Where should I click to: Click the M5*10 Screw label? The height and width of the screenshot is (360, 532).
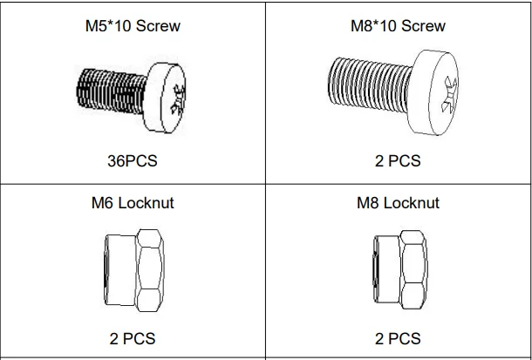pos(133,26)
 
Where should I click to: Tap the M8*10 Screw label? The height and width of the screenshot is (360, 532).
pos(398,26)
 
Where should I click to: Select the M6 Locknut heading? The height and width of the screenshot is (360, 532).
pos(133,203)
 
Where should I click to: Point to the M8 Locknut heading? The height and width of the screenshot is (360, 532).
pos(398,203)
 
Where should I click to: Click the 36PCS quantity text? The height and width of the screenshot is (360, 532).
pos(133,160)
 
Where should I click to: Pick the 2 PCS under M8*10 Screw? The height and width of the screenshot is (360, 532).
pos(398,160)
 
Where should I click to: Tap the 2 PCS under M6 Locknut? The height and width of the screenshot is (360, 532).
pos(133,338)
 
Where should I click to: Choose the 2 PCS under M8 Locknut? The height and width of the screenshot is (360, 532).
pos(398,338)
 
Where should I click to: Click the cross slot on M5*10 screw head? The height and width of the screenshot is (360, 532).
pos(179,99)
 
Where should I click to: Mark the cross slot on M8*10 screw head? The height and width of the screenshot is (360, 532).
pos(449,94)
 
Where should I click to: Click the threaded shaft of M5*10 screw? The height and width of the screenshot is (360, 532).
pos(112,92)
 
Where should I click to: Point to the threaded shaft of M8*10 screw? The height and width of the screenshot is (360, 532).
pos(370,85)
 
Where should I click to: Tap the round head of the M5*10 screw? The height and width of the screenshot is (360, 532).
pos(165,98)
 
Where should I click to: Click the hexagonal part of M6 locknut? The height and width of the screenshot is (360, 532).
pos(150,270)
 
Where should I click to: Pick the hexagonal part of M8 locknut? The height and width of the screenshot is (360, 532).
pos(413,270)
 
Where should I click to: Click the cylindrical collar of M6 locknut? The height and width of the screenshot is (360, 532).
pos(120,270)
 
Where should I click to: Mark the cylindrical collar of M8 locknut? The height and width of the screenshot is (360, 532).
pos(386,269)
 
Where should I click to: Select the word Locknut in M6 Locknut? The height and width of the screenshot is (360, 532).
pos(146,203)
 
